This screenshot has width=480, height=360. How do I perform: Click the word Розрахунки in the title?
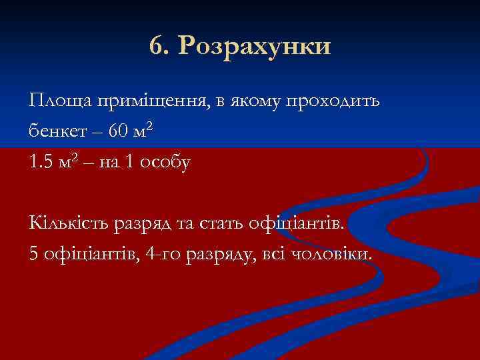[255, 47]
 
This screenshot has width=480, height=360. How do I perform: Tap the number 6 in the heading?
[157, 47]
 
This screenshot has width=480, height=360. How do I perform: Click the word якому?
[253, 102]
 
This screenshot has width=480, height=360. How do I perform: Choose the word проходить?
[333, 102]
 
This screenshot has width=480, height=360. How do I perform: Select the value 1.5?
[43, 162]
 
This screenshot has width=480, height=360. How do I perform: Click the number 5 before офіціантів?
[34, 253]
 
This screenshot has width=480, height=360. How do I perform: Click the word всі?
[272, 253]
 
